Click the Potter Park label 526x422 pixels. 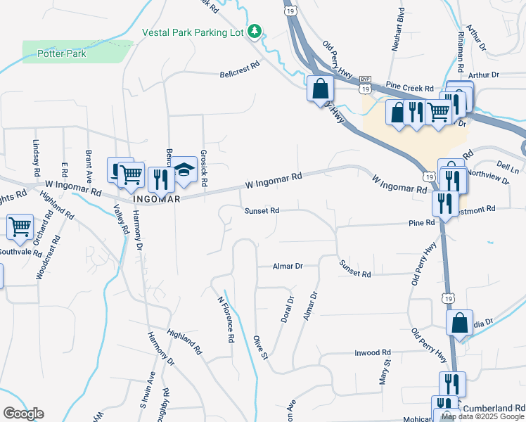click(x=61, y=53)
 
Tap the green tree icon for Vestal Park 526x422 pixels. click(x=256, y=31)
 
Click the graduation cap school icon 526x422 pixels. click(x=184, y=169)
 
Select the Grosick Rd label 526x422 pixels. click(x=203, y=167)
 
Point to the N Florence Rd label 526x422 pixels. click(x=226, y=318)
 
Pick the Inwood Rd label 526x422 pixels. click(x=373, y=352)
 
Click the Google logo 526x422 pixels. click(x=23, y=414)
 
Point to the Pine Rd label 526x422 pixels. click(x=422, y=222)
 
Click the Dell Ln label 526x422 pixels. click(x=506, y=166)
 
